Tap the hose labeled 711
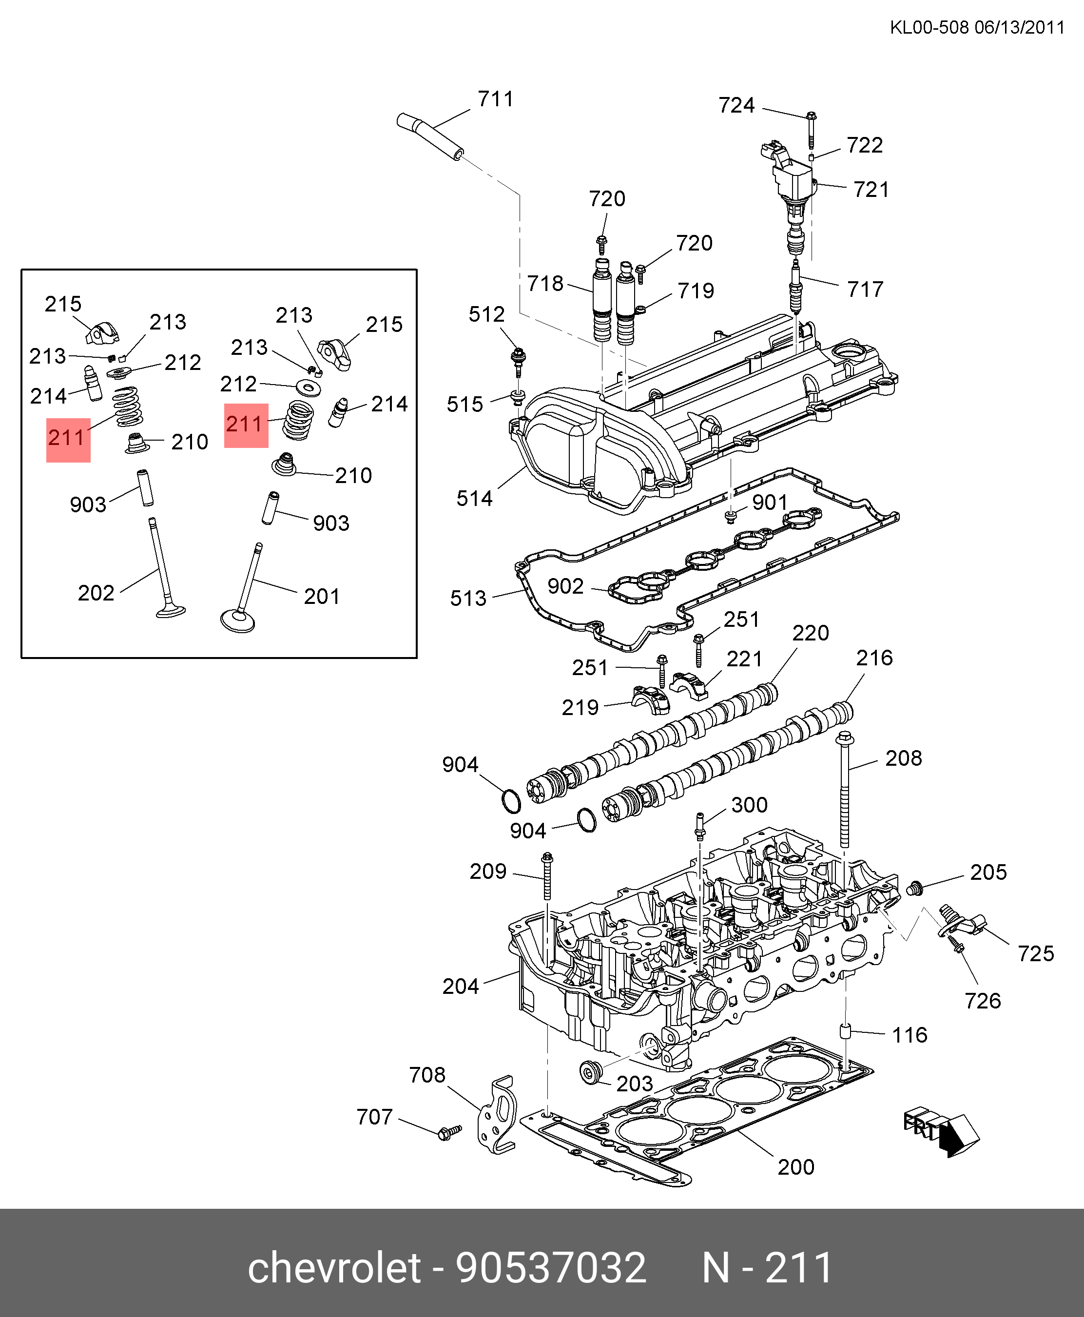pos(430,136)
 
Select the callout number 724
pos(737,105)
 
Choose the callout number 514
pos(475,498)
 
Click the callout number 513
pos(468,598)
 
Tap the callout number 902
pos(566,586)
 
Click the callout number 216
pos(874,658)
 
